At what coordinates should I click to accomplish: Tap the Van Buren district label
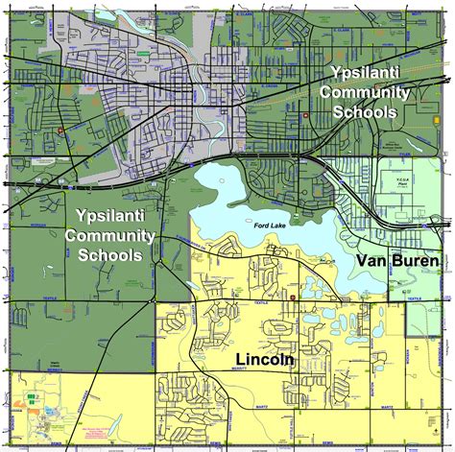(x=396, y=260)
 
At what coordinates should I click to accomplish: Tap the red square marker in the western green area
(x=60, y=131)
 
